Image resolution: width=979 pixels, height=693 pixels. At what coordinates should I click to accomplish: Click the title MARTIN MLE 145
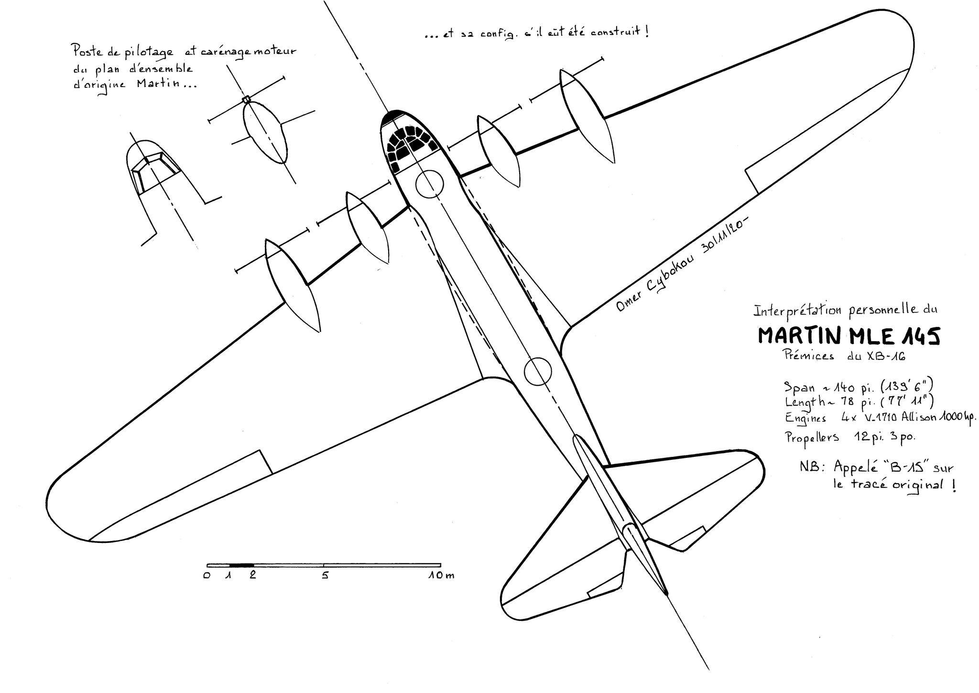(849, 336)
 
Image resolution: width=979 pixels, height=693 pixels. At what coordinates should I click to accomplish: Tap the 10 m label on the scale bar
(441, 575)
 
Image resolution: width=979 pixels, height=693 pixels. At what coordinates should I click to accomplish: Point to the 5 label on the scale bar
(325, 575)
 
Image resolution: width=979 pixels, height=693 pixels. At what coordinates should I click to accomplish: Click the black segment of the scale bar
(241, 565)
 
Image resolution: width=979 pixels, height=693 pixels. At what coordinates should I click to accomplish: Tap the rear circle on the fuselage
(538, 371)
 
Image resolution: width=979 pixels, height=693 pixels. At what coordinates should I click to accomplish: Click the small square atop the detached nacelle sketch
(246, 99)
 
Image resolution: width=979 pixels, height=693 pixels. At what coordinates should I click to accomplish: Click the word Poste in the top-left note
(84, 50)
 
